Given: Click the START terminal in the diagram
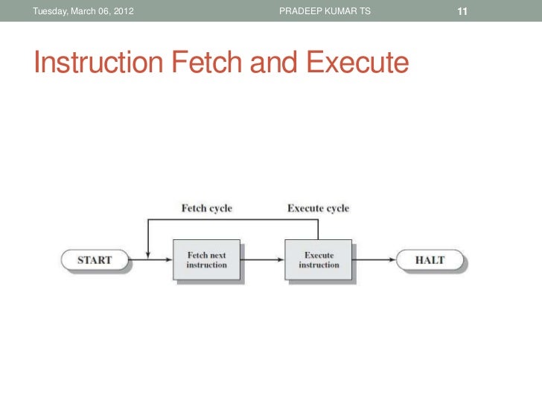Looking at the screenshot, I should point(95,260).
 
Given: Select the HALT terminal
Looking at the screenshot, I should point(430,260).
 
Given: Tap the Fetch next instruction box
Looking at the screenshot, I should point(206,260).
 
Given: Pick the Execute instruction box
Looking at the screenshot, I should point(319,260).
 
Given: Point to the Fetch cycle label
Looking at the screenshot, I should point(207,208).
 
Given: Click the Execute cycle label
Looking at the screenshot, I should point(318,208).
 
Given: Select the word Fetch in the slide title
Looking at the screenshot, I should point(208,64).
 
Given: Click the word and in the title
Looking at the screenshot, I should point(278,64).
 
